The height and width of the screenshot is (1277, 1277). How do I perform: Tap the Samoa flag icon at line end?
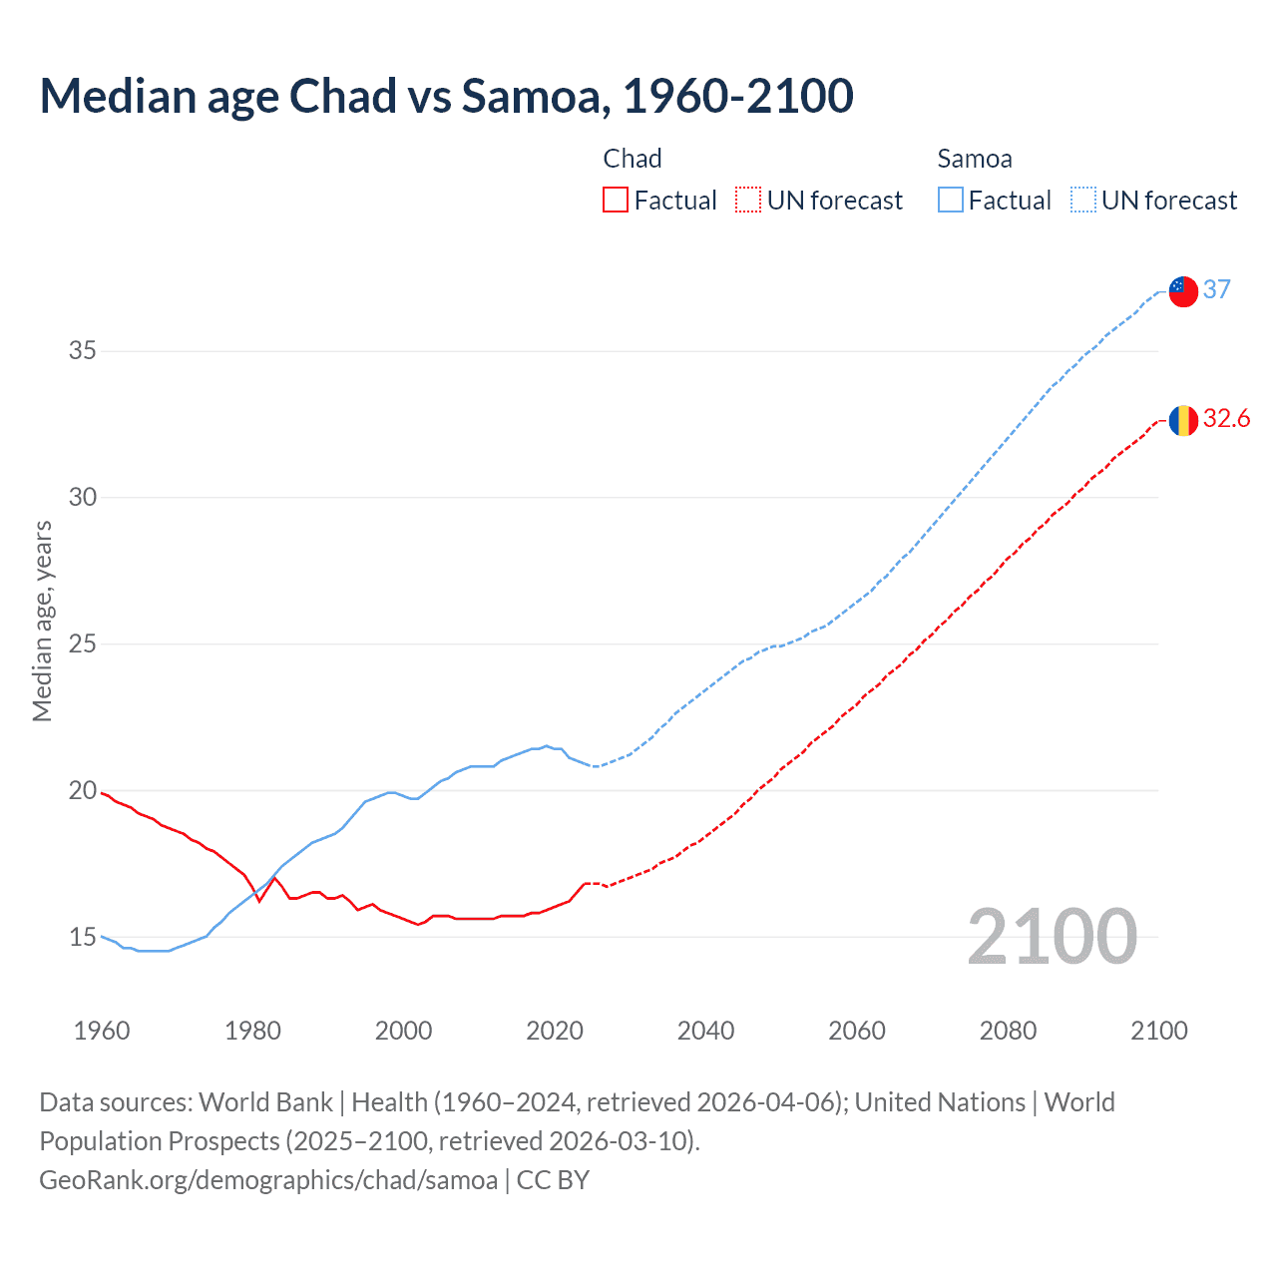pyautogui.click(x=1183, y=291)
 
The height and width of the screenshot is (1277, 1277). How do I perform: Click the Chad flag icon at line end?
pyautogui.click(x=1183, y=421)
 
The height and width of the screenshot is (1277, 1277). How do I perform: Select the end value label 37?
pyautogui.click(x=1216, y=289)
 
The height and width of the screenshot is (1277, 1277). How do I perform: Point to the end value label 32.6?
pyautogui.click(x=1226, y=419)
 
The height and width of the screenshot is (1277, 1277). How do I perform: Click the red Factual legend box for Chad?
pyautogui.click(x=616, y=201)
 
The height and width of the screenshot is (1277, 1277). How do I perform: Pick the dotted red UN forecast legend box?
pyautogui.click(x=748, y=201)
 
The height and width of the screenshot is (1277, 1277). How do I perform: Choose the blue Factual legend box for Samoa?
pyautogui.click(x=951, y=201)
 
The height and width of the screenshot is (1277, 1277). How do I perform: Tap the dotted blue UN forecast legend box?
pyautogui.click(x=1082, y=201)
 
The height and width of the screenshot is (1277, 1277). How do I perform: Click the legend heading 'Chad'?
pyautogui.click(x=633, y=159)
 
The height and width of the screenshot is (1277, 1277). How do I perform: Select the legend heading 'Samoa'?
pyautogui.click(x=975, y=159)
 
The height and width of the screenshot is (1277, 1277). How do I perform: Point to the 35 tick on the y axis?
pyautogui.click(x=83, y=351)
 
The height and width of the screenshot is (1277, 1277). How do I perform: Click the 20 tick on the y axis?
pyautogui.click(x=83, y=791)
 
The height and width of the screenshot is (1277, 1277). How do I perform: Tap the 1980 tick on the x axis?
pyautogui.click(x=252, y=1031)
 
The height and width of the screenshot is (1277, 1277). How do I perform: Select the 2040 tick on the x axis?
pyautogui.click(x=705, y=1031)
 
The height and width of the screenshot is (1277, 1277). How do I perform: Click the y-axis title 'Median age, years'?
pyautogui.click(x=42, y=621)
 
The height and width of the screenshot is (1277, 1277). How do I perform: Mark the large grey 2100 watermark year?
pyautogui.click(x=1052, y=937)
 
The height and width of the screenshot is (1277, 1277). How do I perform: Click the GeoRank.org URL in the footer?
pyautogui.click(x=268, y=1180)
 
